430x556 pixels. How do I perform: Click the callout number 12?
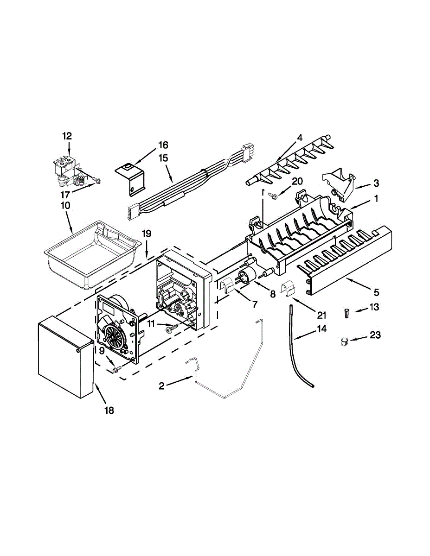[x=67, y=136]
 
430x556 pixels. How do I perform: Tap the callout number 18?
[x=109, y=410]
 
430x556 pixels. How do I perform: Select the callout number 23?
[x=375, y=335]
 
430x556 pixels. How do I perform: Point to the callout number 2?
[x=161, y=385]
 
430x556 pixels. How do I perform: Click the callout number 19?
[x=147, y=234]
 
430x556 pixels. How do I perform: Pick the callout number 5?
[x=376, y=292]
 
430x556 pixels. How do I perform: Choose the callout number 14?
[x=321, y=329]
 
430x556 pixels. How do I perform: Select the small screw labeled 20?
[x=273, y=196]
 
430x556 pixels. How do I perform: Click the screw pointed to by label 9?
[x=116, y=369]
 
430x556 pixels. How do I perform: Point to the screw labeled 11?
[x=171, y=328]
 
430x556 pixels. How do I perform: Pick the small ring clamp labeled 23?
[x=343, y=343]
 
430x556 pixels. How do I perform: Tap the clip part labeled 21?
[x=289, y=288]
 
